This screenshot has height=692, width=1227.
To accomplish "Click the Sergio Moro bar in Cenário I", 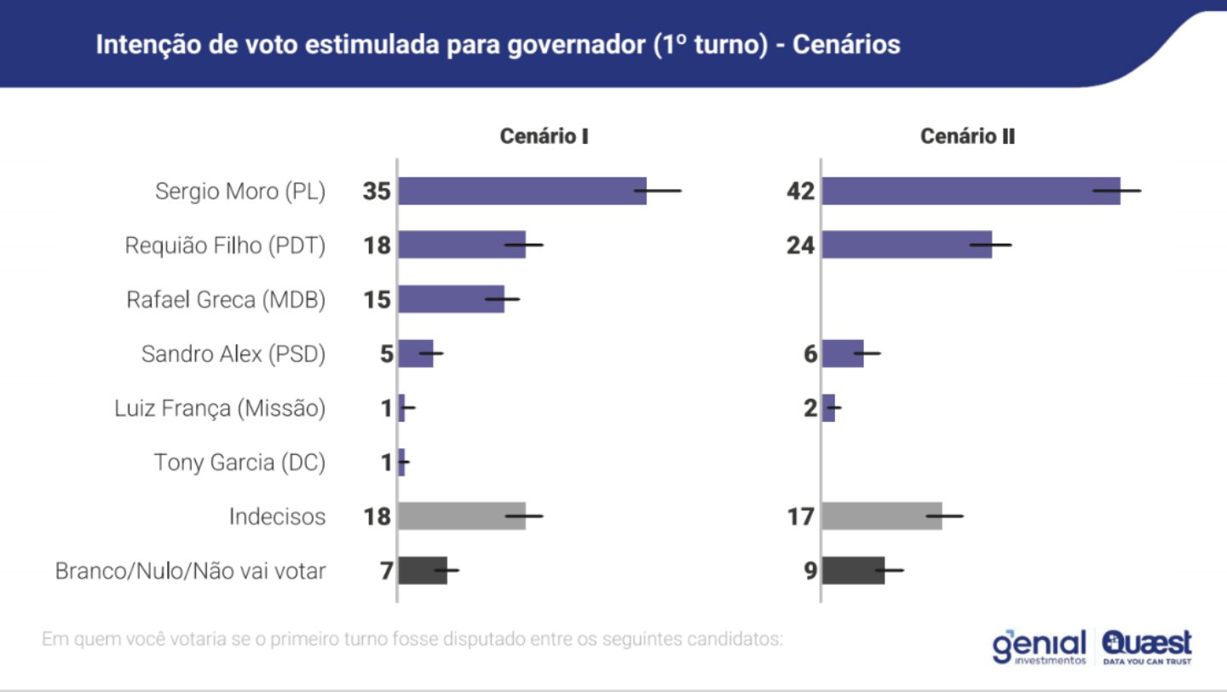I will tap(521, 191).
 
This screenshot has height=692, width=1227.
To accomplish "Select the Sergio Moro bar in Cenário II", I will tap(971, 191).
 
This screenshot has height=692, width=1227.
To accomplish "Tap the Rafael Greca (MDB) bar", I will tap(452, 299).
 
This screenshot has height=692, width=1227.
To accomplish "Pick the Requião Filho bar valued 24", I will tap(907, 245).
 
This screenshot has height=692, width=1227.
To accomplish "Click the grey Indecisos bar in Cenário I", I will tap(462, 516).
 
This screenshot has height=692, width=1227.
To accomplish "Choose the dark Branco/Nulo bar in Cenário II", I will tap(854, 570).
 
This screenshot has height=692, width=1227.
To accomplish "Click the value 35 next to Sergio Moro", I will tap(376, 192).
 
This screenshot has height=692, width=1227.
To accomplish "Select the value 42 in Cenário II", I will tap(801, 192).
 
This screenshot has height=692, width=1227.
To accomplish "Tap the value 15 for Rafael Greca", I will tap(376, 300).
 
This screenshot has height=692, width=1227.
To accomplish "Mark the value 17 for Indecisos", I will tap(801, 516).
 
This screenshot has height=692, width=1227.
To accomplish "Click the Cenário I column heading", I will tap(544, 136).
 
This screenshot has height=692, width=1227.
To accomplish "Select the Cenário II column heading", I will tap(967, 136).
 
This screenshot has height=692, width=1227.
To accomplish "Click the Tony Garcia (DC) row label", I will tap(239, 463).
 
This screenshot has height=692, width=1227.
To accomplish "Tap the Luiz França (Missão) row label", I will tap(220, 408).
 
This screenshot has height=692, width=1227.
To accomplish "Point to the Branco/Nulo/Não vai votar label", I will tap(190, 571).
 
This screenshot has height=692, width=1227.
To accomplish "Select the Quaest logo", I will tap(1147, 647).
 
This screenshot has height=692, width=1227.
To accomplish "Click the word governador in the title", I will tap(555, 44).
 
